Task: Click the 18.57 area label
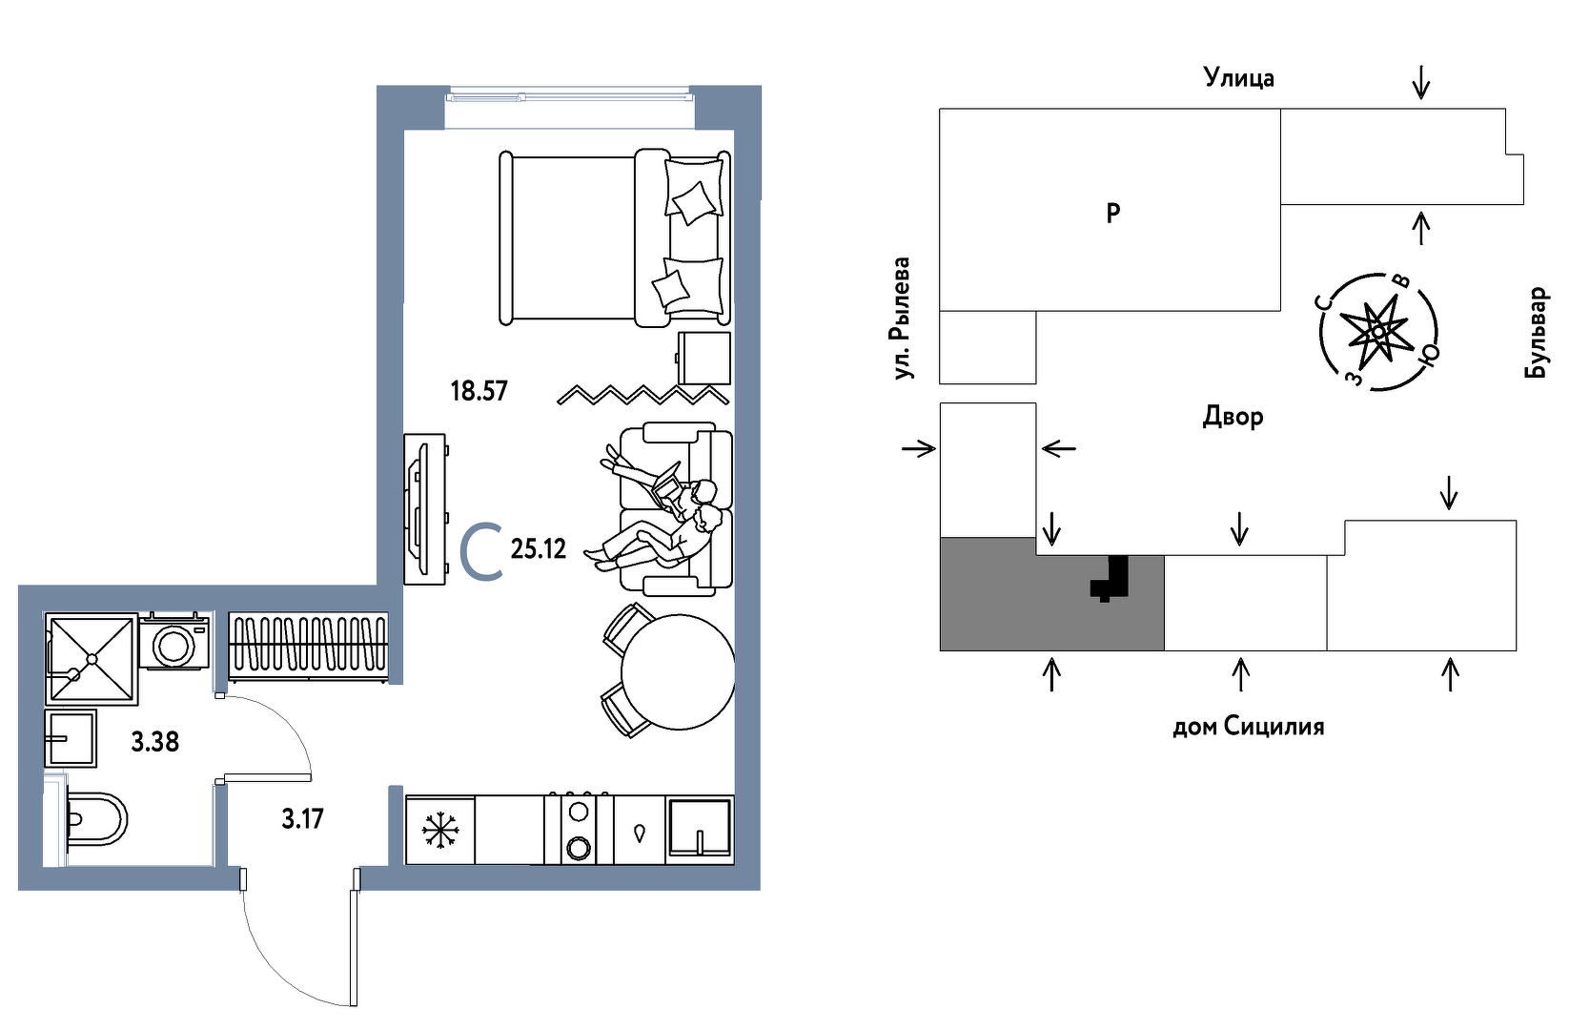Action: [x=479, y=391]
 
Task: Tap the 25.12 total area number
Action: [x=539, y=549]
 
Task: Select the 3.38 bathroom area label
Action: [x=154, y=742]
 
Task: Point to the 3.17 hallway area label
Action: [x=302, y=819]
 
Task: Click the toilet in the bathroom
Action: [x=95, y=819]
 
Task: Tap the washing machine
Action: [x=174, y=644]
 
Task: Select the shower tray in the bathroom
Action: [x=92, y=659]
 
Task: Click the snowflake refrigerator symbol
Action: [x=440, y=830]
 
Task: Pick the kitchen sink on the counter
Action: [x=700, y=828]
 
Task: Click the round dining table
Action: [x=678, y=671]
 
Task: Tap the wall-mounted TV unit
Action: [x=423, y=509]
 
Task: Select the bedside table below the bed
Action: [x=704, y=359]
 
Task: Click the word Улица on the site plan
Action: [x=1238, y=77]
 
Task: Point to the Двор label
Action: [x=1233, y=417]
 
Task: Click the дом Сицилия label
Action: [x=1248, y=727]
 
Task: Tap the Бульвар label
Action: [x=1536, y=333]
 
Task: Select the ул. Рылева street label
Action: [x=901, y=319]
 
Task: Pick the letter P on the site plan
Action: [x=1112, y=214]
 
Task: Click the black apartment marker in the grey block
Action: [x=1111, y=578]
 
